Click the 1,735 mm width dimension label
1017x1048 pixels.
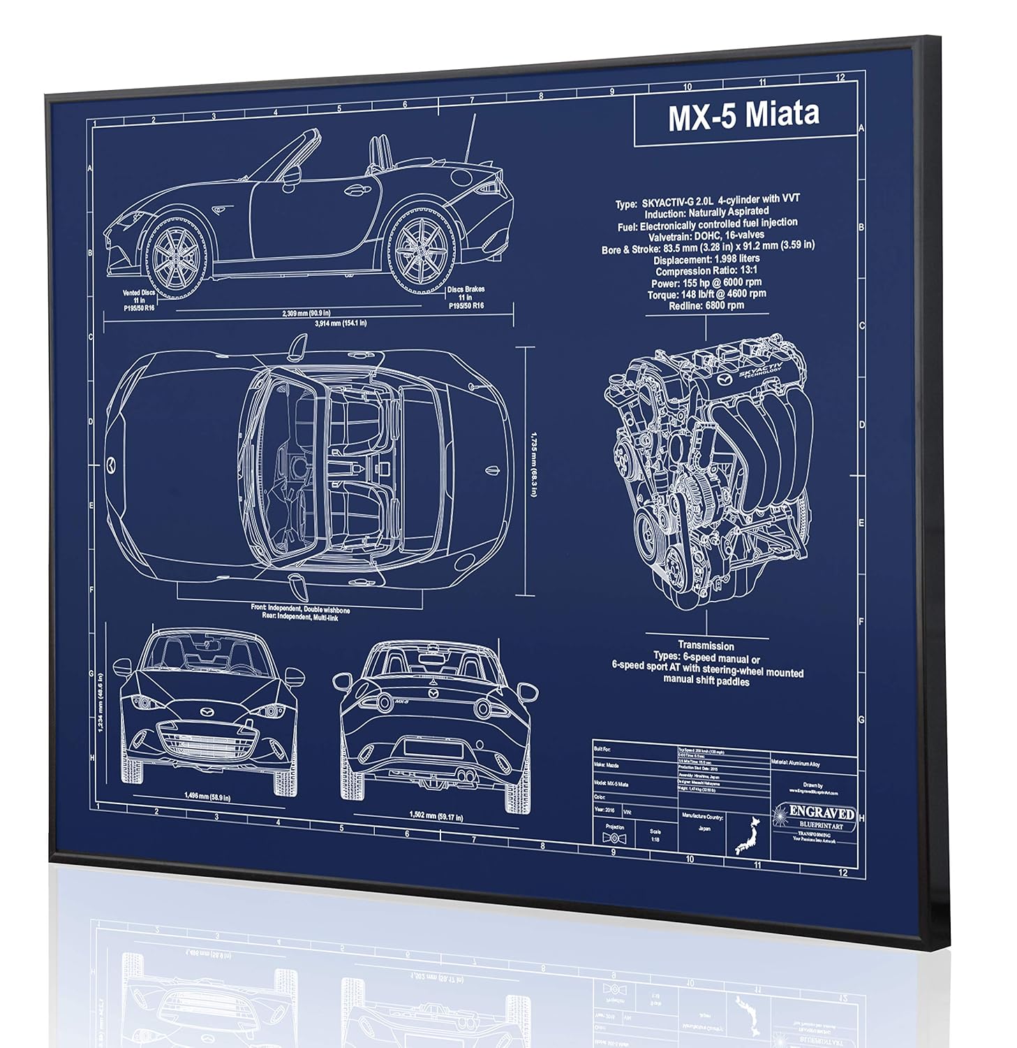(x=533, y=463)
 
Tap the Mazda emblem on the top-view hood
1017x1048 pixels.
(x=112, y=463)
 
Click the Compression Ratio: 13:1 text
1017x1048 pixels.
(x=706, y=271)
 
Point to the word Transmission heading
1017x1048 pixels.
(x=706, y=646)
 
